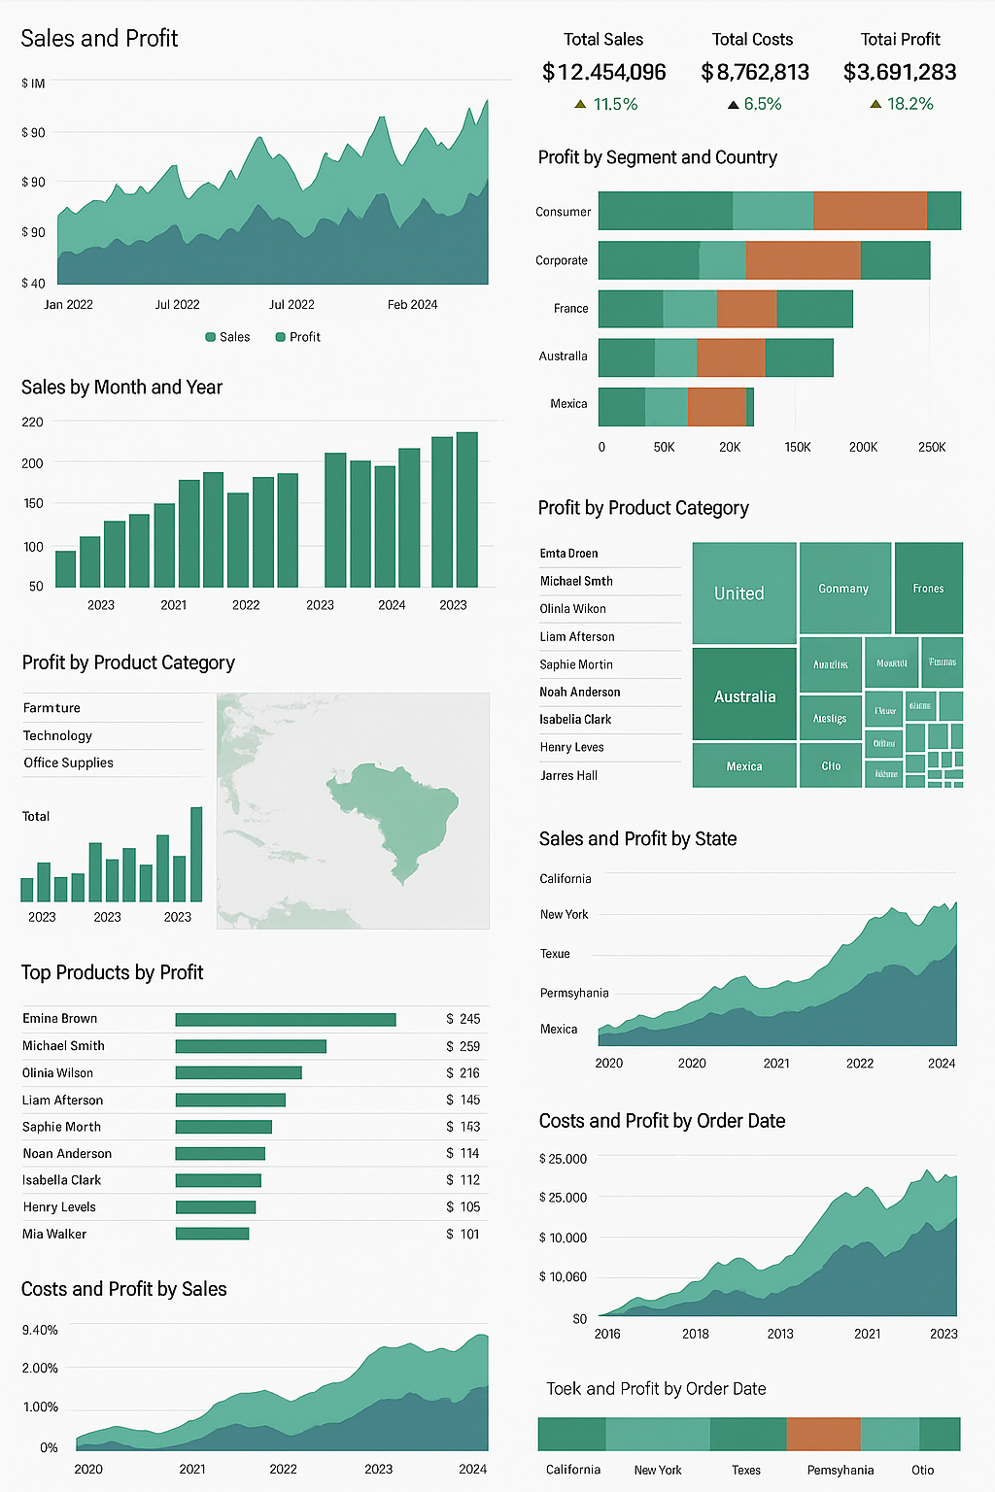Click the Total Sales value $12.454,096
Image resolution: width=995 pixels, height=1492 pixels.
pyautogui.click(x=603, y=72)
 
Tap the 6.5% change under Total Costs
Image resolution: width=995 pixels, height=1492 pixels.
pyautogui.click(x=762, y=104)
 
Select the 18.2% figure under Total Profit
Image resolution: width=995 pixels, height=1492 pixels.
pyautogui.click(x=909, y=104)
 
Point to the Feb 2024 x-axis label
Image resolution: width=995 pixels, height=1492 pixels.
pyautogui.click(x=412, y=305)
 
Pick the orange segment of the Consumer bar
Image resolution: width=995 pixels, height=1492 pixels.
pyautogui.click(x=870, y=211)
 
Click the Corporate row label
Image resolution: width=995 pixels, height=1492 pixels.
pyautogui.click(x=562, y=260)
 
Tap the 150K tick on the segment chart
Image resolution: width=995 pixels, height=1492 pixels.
pyautogui.click(x=798, y=447)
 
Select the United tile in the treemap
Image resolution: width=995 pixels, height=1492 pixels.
pyautogui.click(x=743, y=593)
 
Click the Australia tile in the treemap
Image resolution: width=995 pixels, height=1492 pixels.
pyautogui.click(x=744, y=695)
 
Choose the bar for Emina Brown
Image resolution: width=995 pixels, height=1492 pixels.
pyautogui.click(x=286, y=1019)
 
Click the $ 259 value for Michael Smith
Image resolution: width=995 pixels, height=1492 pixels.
pyautogui.click(x=463, y=1046)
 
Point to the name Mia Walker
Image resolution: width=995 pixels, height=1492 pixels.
pyautogui.click(x=54, y=1234)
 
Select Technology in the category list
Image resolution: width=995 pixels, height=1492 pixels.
pyautogui.click(x=57, y=735)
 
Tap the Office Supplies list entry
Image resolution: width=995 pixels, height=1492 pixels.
pyautogui.click(x=68, y=763)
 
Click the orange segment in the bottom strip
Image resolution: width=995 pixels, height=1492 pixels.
pyautogui.click(x=823, y=1434)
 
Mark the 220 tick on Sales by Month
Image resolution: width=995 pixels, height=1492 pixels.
pyautogui.click(x=32, y=422)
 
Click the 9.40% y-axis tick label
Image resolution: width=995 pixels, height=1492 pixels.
pyautogui.click(x=40, y=1330)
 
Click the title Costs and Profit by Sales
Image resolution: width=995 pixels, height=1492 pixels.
pyautogui.click(x=124, y=1289)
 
